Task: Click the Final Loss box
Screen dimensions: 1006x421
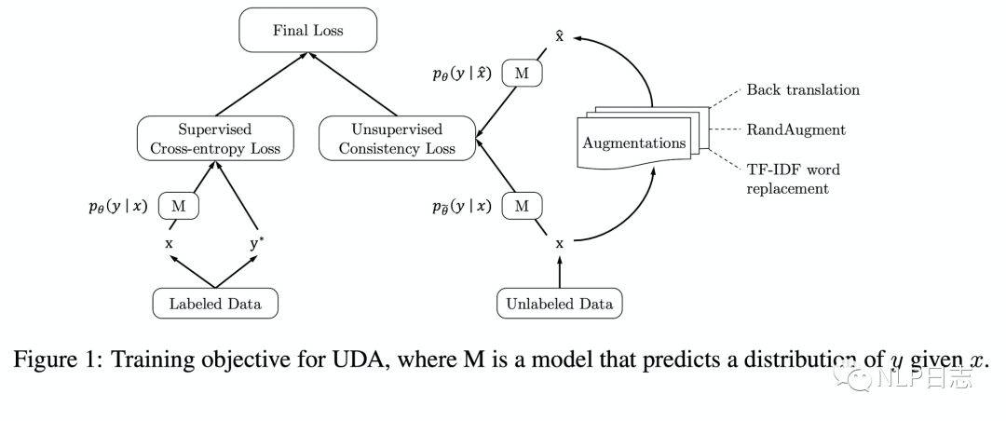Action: click(308, 30)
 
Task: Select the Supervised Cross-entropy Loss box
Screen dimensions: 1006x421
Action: click(215, 139)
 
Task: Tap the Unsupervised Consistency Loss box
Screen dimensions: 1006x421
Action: click(397, 139)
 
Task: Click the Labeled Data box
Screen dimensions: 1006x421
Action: click(215, 304)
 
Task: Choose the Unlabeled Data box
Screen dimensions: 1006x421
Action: click(560, 304)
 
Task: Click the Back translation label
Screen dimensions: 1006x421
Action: click(803, 89)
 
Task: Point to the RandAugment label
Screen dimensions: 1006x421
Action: click(795, 130)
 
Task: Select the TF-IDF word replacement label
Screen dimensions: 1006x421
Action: click(793, 179)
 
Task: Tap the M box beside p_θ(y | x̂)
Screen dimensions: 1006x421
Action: click(523, 74)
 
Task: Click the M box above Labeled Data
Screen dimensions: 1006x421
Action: click(178, 207)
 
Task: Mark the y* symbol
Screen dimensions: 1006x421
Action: click(257, 243)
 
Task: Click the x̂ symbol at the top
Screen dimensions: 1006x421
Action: click(560, 35)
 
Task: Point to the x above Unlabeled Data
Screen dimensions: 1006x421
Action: click(560, 244)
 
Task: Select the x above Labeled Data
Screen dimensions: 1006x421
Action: click(170, 244)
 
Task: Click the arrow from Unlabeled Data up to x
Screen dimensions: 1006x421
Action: click(560, 272)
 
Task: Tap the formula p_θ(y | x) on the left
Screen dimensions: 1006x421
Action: click(118, 207)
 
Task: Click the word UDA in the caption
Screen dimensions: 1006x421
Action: click(364, 360)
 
